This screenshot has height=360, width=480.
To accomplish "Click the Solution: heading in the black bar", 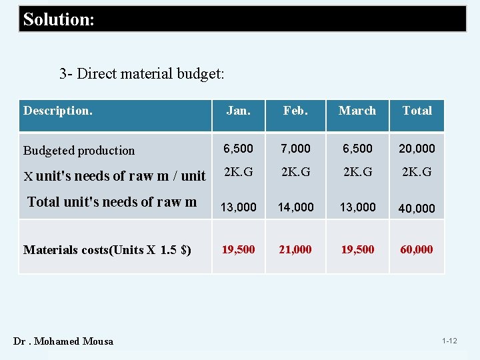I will [59, 19].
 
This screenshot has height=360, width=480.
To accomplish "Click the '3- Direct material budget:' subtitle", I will [141, 73].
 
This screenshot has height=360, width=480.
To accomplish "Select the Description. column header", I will [58, 111].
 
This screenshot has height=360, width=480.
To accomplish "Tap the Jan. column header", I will [238, 111].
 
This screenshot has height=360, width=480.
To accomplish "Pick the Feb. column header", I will [295, 111].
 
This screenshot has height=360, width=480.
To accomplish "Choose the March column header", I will [357, 111].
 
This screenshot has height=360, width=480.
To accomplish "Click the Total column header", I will [417, 111].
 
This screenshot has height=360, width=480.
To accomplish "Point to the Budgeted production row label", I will [79, 151].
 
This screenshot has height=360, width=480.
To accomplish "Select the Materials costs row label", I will [107, 250].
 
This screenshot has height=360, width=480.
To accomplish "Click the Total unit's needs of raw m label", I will [112, 202].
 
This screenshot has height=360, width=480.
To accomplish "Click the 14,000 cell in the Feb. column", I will [295, 207].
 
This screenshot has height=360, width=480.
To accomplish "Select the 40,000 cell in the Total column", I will [417, 208].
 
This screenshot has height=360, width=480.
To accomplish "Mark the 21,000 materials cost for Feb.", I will [295, 249].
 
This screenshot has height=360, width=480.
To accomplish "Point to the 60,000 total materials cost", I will [417, 249].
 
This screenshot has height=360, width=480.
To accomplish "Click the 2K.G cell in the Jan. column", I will [238, 171].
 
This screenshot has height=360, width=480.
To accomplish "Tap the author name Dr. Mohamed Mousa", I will [63, 341].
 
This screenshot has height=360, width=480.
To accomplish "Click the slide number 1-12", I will [449, 341].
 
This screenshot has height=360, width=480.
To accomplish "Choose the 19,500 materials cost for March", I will [357, 249].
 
